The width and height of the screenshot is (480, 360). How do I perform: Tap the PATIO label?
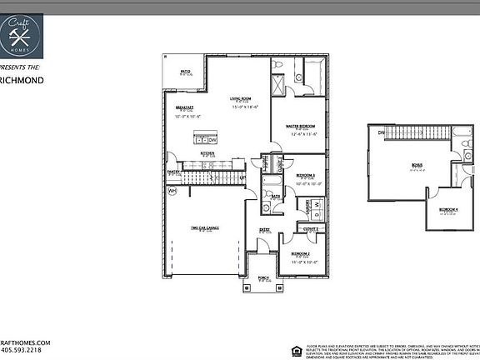click(x=184, y=72)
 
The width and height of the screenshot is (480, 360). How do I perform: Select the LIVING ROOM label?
click(x=242, y=99)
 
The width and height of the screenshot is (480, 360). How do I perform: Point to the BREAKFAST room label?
click(x=184, y=108)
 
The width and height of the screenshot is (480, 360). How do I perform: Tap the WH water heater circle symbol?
click(x=172, y=191)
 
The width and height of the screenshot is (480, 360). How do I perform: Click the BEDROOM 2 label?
click(x=301, y=253)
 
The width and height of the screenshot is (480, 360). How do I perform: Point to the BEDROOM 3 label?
click(x=306, y=175)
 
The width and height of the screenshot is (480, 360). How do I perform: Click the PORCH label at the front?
click(x=252, y=279)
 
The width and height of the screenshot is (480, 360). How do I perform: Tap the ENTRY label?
click(x=265, y=229)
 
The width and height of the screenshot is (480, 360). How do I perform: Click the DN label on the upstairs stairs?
click(x=380, y=132)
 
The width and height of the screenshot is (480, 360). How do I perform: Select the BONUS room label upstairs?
click(x=417, y=165)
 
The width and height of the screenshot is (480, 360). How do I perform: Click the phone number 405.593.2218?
click(x=25, y=350)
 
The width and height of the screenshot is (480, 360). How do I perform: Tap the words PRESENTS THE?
click(x=20, y=65)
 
